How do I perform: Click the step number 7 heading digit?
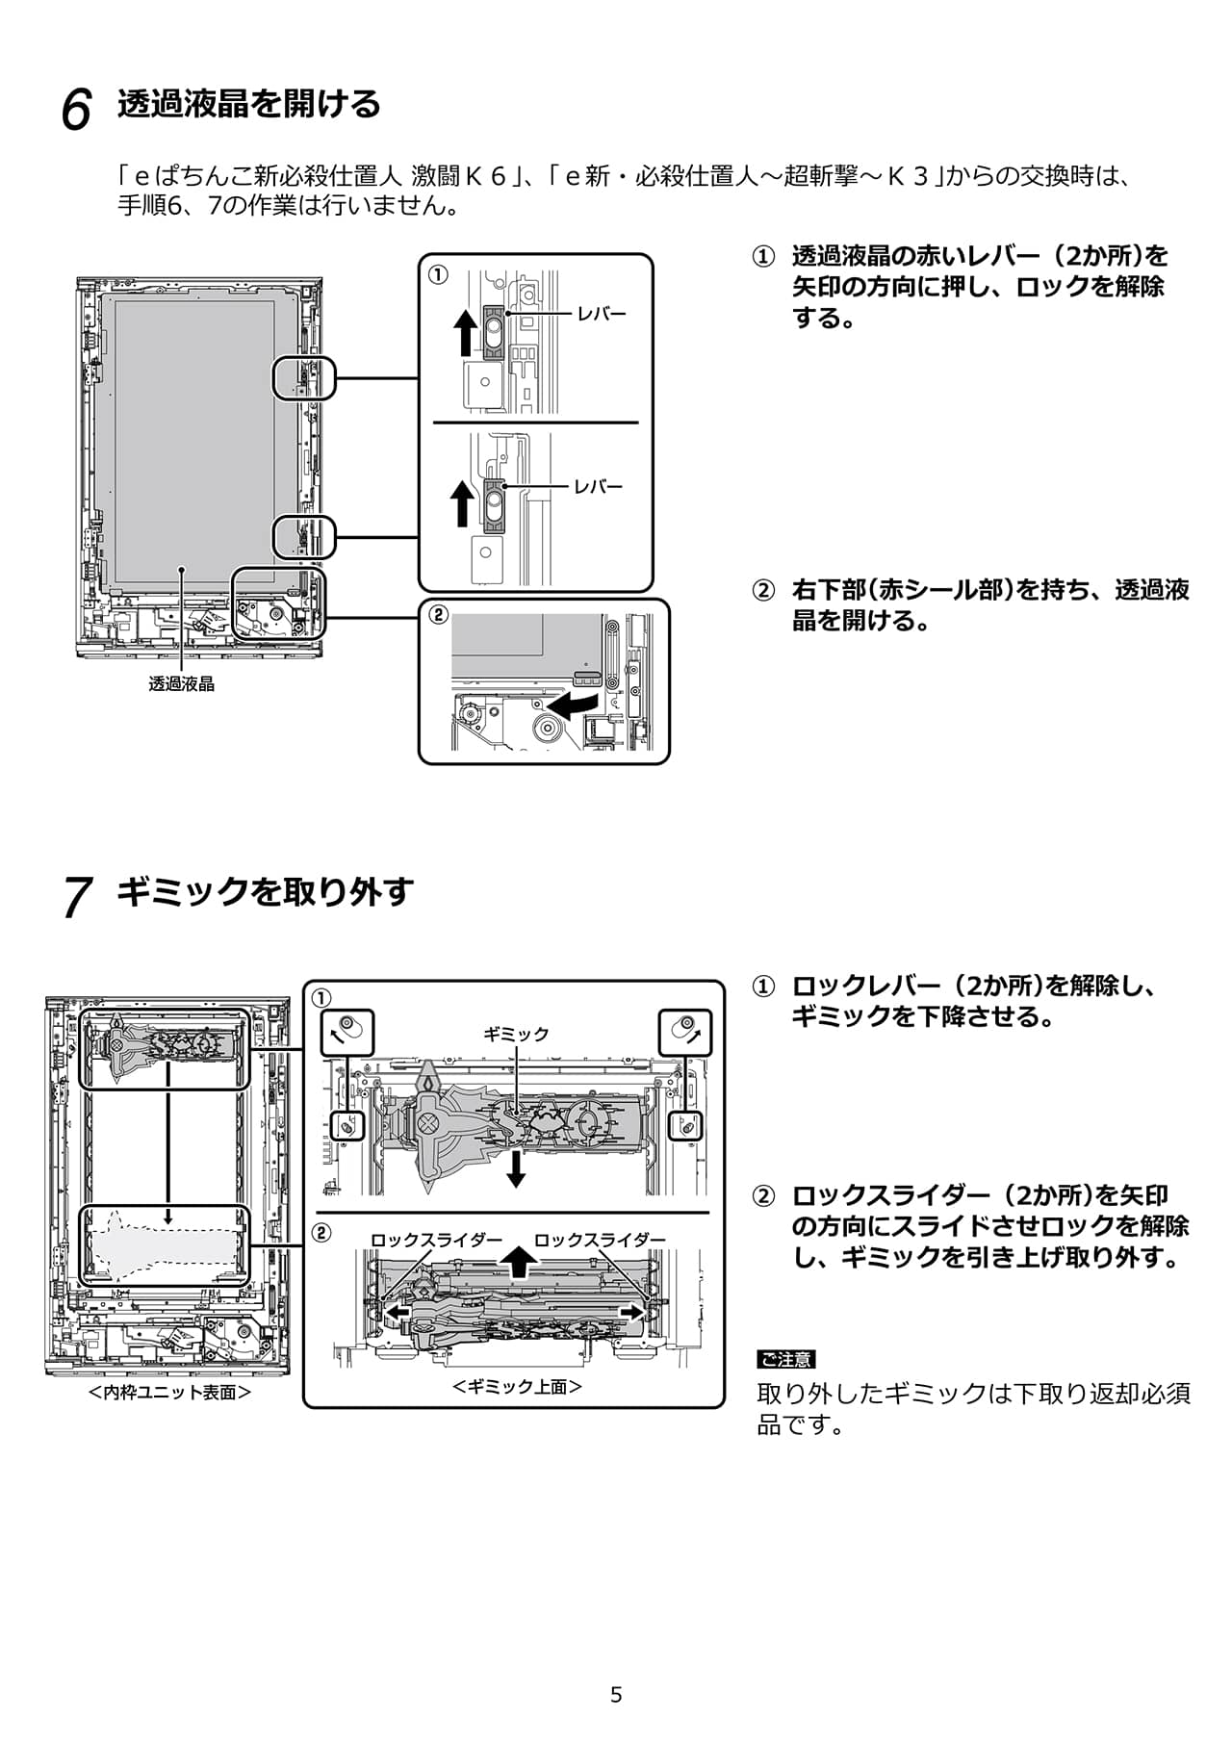click(x=77, y=897)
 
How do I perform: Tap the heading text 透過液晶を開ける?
click(x=249, y=104)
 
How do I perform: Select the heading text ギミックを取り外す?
click(x=265, y=891)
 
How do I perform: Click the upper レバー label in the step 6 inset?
click(x=602, y=314)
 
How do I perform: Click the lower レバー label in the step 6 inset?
click(x=599, y=487)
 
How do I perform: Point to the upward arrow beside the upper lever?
click(x=465, y=332)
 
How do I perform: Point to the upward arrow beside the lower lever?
click(x=463, y=503)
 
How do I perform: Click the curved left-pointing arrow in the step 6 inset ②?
click(x=583, y=705)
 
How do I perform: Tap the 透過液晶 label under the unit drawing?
click(x=181, y=684)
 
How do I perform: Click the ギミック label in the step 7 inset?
click(x=516, y=1034)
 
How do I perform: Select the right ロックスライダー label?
click(x=600, y=1240)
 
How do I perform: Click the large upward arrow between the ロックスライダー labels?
click(x=519, y=1261)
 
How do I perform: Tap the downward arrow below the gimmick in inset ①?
click(x=517, y=1168)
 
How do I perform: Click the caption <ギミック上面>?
click(x=517, y=1387)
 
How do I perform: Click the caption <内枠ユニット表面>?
click(x=169, y=1393)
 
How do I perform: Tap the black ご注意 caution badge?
click(x=785, y=1359)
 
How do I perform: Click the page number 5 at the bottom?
click(x=616, y=1695)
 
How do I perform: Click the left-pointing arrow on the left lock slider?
click(x=398, y=1312)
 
